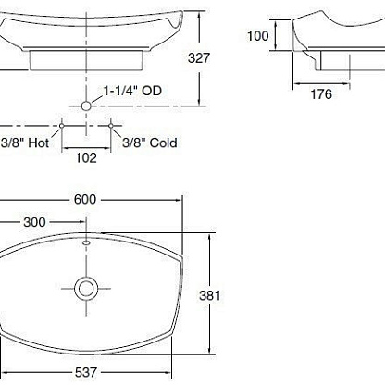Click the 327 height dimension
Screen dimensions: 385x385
(199, 58)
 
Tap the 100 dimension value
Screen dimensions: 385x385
(258, 36)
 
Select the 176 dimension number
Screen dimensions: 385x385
(321, 94)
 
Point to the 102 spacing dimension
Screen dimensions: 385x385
(86, 158)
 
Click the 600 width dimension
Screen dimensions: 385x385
(85, 200)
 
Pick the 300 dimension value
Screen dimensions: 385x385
(34, 222)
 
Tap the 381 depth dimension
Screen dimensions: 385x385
(210, 295)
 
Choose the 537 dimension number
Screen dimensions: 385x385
(86, 372)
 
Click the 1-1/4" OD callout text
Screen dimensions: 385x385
(132, 91)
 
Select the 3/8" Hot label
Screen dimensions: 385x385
(25, 143)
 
